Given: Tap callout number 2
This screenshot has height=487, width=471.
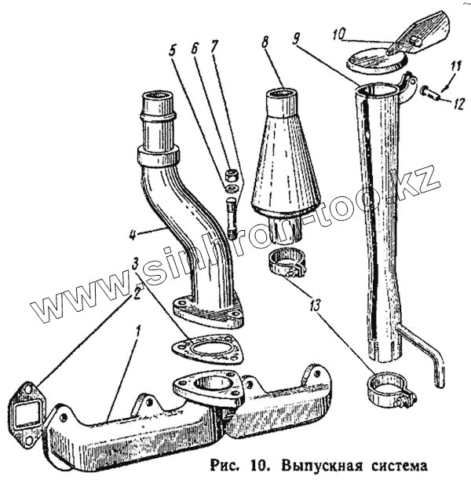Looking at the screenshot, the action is (x=138, y=292).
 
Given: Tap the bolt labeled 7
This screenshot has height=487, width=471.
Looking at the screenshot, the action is (x=232, y=217).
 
